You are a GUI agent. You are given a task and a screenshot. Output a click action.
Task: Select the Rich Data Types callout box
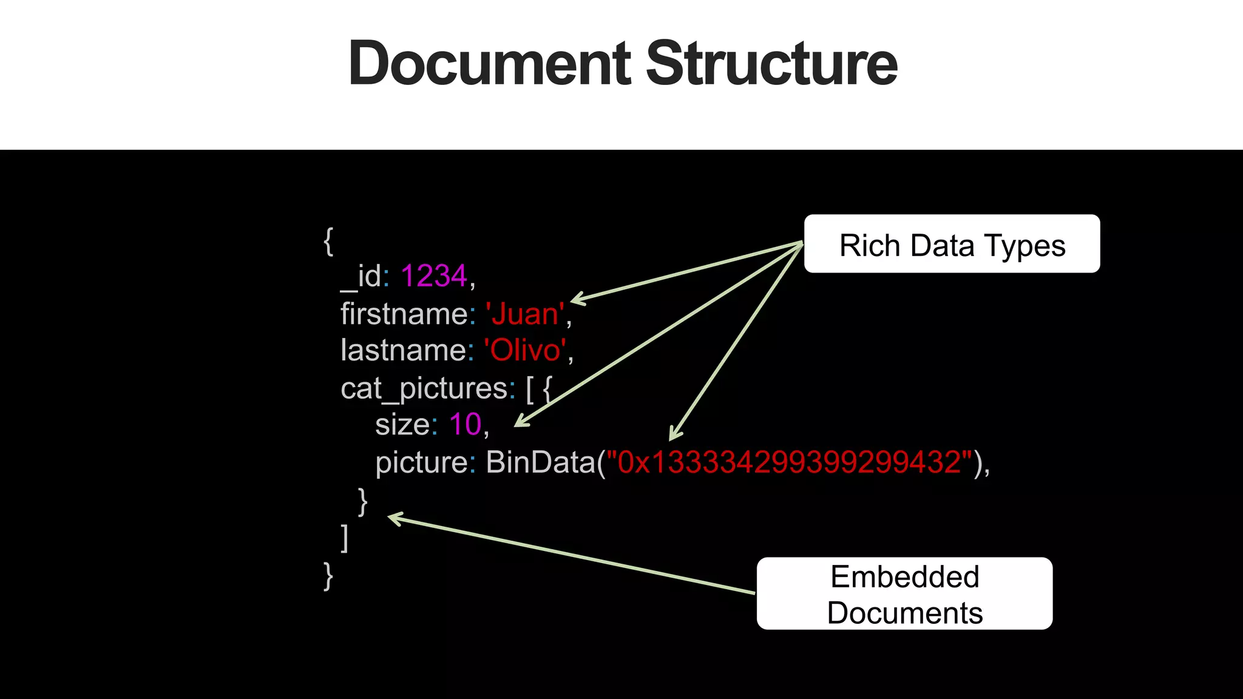pyautogui.click(x=952, y=244)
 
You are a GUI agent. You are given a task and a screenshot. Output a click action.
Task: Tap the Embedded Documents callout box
pyautogui.click(x=904, y=594)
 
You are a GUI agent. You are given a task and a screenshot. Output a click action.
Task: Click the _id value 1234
pyautogui.click(x=434, y=276)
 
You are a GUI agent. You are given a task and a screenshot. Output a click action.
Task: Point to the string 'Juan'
pyautogui.click(x=525, y=314)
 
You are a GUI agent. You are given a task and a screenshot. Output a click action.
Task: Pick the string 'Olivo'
pyautogui.click(x=526, y=351)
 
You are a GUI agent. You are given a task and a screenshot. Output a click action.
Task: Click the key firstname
pyautogui.click(x=404, y=314)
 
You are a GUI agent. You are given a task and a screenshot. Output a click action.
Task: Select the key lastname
pyautogui.click(x=403, y=351)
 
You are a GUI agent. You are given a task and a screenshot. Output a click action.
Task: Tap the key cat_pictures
pyautogui.click(x=424, y=388)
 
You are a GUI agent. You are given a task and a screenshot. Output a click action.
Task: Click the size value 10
pyautogui.click(x=465, y=424)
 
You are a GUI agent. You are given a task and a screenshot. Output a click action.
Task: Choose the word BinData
pyautogui.click(x=541, y=462)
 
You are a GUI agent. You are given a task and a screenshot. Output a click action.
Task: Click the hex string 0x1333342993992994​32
pyautogui.click(x=789, y=462)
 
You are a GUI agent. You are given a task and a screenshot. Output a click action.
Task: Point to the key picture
pyautogui.click(x=421, y=462)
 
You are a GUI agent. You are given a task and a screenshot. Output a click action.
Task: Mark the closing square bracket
pyautogui.click(x=345, y=538)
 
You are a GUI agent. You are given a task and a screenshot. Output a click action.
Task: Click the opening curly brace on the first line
pyautogui.click(x=328, y=241)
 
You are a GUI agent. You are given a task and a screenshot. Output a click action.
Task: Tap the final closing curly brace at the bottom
pyautogui.click(x=328, y=576)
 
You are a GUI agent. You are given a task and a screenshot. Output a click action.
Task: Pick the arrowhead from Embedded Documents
pyautogui.click(x=394, y=519)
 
